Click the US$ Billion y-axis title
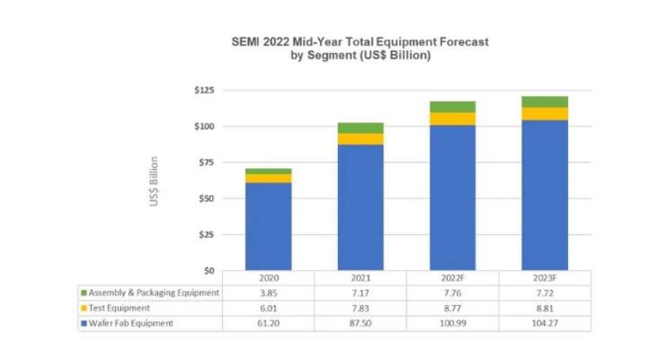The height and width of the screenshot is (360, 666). click(x=155, y=182)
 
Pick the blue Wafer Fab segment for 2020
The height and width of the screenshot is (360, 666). click(x=268, y=226)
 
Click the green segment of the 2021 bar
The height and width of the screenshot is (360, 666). click(x=361, y=128)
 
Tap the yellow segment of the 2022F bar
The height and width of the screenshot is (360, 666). click(x=453, y=118)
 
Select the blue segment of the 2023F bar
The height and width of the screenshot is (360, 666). click(x=545, y=195)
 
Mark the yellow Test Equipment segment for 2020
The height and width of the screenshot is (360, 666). click(x=268, y=178)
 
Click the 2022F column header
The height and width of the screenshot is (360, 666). click(x=453, y=278)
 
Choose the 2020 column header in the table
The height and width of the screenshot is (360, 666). click(x=268, y=278)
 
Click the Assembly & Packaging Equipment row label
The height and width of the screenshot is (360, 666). click(x=154, y=293)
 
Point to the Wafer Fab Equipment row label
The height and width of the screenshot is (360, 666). click(x=131, y=323)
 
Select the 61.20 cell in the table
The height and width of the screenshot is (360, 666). click(x=268, y=323)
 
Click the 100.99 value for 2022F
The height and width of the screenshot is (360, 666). click(x=453, y=323)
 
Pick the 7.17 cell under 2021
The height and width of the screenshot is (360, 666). click(x=361, y=293)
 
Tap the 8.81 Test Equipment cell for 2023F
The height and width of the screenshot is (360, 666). click(x=545, y=308)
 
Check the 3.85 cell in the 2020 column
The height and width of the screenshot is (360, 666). click(x=268, y=293)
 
